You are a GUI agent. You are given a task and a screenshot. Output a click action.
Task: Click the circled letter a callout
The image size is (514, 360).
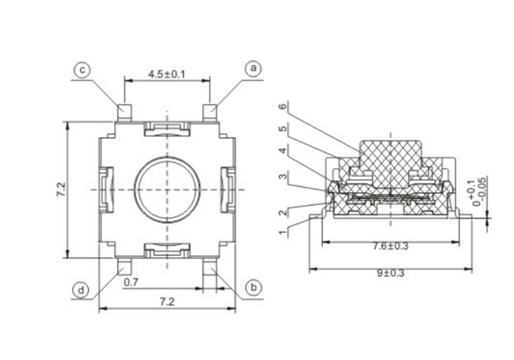[253, 69]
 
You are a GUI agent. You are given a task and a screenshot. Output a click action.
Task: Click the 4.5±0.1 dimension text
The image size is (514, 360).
[167, 75]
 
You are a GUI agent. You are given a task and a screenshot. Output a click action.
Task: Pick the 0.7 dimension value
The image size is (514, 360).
[131, 282]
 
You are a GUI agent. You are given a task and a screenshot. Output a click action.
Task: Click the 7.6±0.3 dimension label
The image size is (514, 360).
[391, 246]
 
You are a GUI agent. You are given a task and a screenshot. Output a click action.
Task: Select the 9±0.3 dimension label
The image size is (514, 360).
[391, 273]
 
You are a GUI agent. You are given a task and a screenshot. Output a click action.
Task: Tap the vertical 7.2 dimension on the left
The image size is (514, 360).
[61, 189]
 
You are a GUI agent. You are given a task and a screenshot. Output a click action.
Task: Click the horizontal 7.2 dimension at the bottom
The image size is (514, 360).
[167, 302]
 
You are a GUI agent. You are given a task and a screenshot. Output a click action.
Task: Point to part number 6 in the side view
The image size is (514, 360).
[283, 106]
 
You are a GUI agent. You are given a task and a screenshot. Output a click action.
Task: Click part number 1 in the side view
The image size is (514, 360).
[283, 232]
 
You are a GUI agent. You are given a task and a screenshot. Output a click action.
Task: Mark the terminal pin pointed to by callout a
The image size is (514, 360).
[210, 113]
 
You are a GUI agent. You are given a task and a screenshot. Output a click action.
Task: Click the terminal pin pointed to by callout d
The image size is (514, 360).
[124, 266]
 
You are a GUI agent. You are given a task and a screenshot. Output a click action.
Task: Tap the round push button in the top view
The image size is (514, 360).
[167, 189]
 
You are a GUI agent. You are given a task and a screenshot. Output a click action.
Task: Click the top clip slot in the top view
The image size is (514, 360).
[167, 129]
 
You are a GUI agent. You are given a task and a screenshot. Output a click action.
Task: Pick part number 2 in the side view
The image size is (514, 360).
[283, 212]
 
